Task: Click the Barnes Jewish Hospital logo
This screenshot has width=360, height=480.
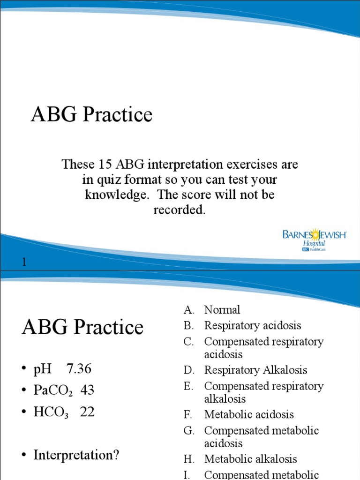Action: (314, 240)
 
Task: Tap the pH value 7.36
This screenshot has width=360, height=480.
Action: (79, 369)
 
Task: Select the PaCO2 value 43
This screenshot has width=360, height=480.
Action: (87, 390)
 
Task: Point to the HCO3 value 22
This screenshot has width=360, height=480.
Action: (87, 412)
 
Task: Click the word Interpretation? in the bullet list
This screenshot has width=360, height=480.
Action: (76, 455)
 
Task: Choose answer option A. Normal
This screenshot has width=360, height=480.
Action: (222, 309)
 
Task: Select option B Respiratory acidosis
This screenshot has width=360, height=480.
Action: (252, 325)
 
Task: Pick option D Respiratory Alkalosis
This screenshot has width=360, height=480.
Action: (255, 370)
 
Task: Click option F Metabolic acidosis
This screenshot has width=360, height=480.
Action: (248, 414)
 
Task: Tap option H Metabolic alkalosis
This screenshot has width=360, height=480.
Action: (250, 459)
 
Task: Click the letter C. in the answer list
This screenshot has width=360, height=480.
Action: (188, 342)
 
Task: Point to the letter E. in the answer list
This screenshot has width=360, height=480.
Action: (188, 386)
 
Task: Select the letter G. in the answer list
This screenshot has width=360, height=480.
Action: (188, 430)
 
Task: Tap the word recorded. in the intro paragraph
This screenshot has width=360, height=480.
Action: (180, 210)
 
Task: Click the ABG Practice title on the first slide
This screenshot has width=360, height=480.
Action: (92, 114)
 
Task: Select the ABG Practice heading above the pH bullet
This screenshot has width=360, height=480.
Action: (82, 327)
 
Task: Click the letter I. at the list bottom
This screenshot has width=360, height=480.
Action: (187, 474)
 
